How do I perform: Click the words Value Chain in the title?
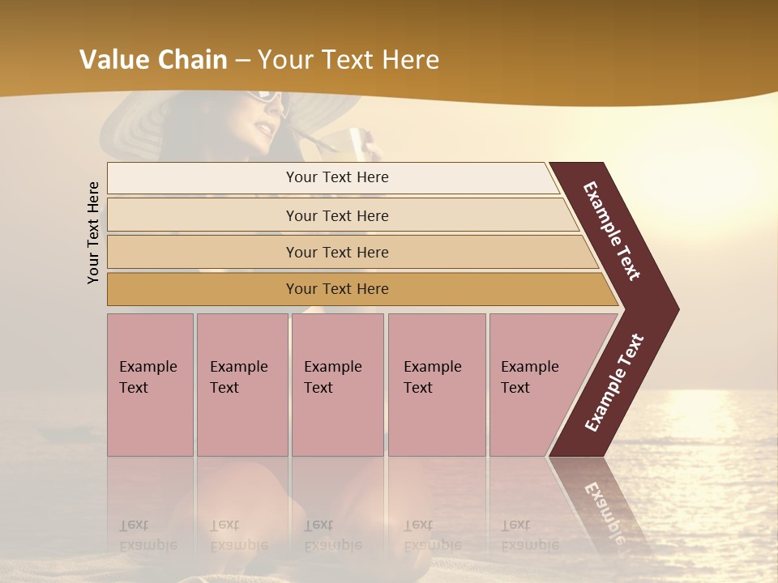[153, 59]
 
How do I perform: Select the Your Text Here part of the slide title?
[348, 59]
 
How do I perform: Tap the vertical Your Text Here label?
[93, 232]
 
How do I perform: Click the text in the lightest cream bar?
[337, 177]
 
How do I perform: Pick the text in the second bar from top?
[337, 215]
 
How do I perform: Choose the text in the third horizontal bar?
[337, 252]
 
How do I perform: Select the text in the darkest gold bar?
[337, 289]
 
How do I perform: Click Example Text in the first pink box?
[147, 377]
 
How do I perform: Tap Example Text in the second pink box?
[238, 377]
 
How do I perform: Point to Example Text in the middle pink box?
[332, 377]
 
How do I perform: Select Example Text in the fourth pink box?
[432, 377]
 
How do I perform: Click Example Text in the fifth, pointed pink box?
[529, 377]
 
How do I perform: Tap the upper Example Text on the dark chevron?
[612, 231]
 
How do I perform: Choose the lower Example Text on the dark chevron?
[614, 383]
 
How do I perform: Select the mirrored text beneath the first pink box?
[147, 535]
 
